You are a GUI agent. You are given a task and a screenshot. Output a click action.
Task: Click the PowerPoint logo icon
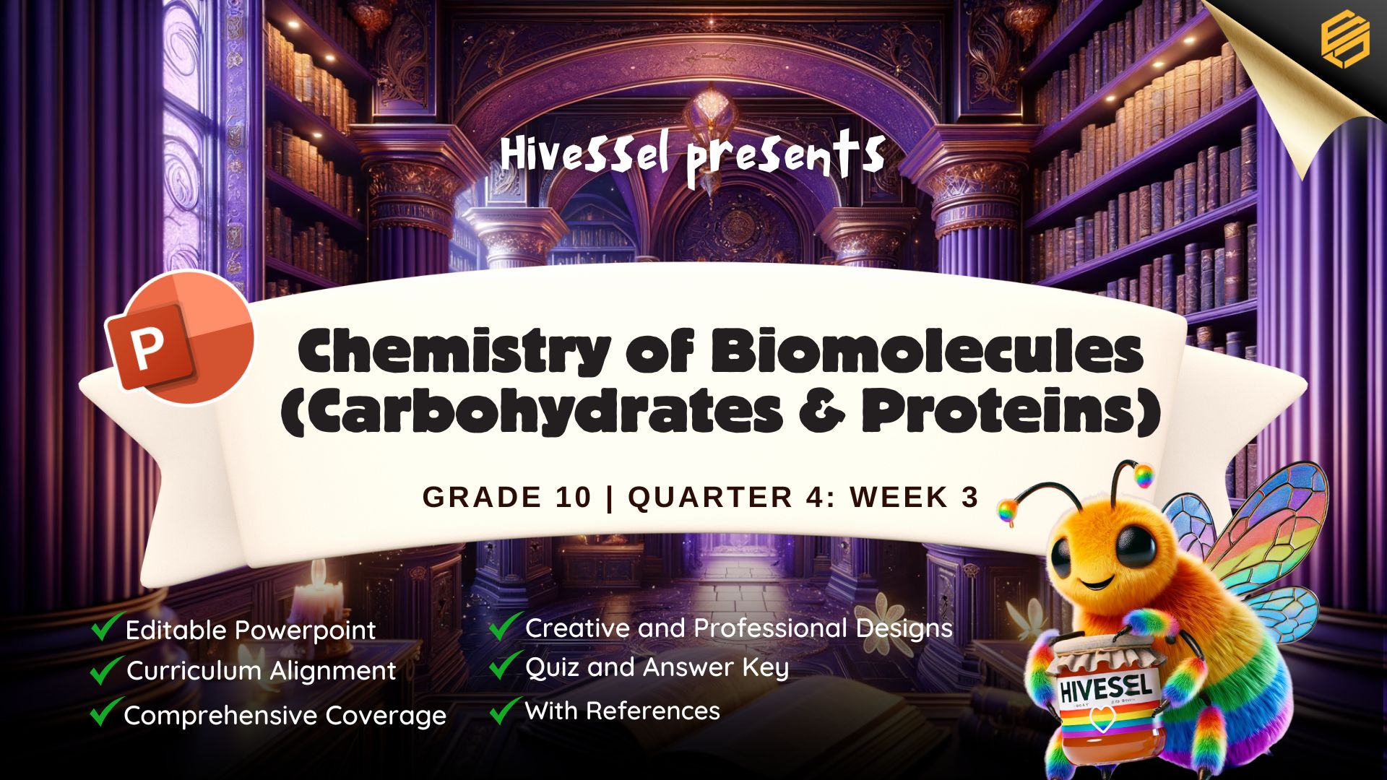pyautogui.click(x=180, y=337)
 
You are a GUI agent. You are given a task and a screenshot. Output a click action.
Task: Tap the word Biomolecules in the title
pyautogui.click(x=927, y=352)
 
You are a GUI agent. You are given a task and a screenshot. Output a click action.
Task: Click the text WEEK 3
pyautogui.click(x=915, y=498)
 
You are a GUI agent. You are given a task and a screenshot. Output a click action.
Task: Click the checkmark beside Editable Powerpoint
pyautogui.click(x=105, y=626)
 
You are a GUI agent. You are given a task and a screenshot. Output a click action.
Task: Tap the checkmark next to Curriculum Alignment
pyautogui.click(x=105, y=669)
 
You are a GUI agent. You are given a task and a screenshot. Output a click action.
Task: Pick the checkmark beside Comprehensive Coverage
pyautogui.click(x=105, y=712)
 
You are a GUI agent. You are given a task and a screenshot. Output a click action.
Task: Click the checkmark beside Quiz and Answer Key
pyautogui.click(x=506, y=664)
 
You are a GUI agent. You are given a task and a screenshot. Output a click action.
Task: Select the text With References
pyautogui.click(x=623, y=711)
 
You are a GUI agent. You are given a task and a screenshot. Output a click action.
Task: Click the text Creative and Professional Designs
pyautogui.click(x=739, y=628)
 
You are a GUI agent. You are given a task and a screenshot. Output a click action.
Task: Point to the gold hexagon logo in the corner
pyautogui.click(x=1345, y=42)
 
